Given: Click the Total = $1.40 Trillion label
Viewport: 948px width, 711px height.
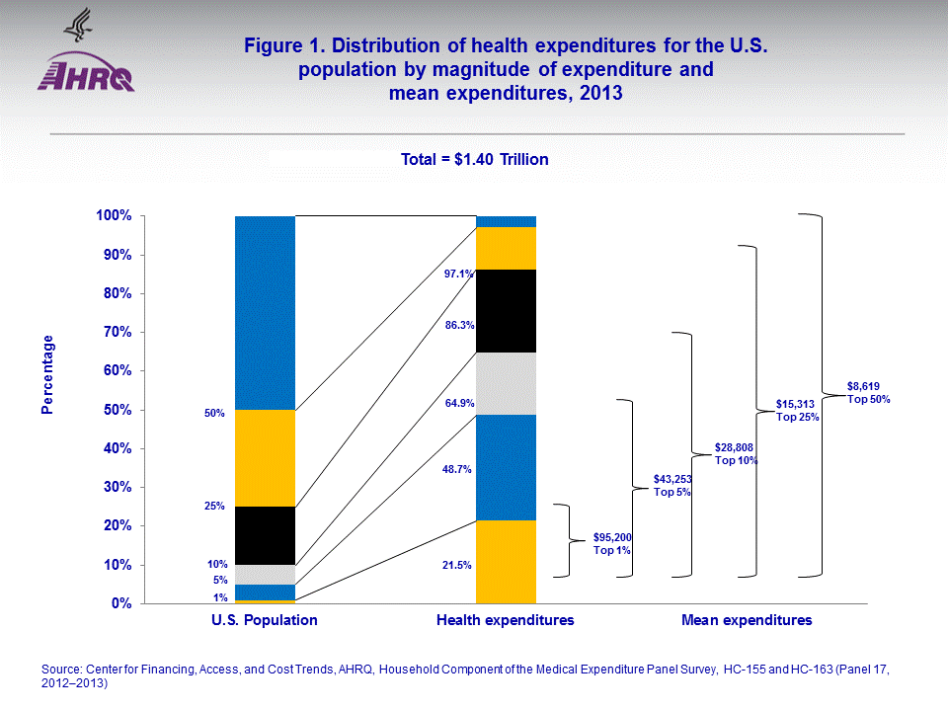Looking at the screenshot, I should (474, 159).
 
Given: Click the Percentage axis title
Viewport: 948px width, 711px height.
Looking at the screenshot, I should (47, 374).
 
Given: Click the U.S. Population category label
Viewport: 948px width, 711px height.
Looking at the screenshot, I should (265, 621).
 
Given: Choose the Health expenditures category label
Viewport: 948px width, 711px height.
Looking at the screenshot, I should (506, 621).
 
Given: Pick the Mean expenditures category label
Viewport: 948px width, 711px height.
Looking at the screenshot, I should (747, 621).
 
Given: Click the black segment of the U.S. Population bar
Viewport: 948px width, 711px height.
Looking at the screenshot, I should (265, 535).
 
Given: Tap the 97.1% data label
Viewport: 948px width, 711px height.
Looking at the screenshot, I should (458, 274).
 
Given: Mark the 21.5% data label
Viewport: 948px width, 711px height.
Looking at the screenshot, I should (458, 566).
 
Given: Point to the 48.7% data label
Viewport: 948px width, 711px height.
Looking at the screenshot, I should (458, 471).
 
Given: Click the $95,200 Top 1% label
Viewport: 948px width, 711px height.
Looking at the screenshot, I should (612, 543).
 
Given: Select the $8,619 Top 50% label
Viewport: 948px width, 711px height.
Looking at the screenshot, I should (869, 393).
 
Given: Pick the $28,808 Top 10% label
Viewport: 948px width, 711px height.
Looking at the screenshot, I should (736, 454).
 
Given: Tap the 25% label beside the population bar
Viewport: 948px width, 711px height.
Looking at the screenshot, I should (215, 507).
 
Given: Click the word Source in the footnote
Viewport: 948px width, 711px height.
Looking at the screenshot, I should (63, 670).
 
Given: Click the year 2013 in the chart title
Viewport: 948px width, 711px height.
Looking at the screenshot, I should (605, 94).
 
